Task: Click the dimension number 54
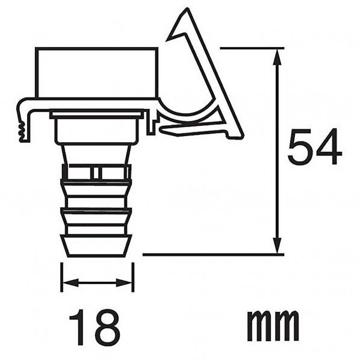pos(314,148)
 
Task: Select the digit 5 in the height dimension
pos(300,148)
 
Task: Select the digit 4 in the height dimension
pos(328,148)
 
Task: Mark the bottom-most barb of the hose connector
pos(96,244)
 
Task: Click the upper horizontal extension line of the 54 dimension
pos(253,48)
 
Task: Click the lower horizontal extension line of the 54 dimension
pos(211,254)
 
